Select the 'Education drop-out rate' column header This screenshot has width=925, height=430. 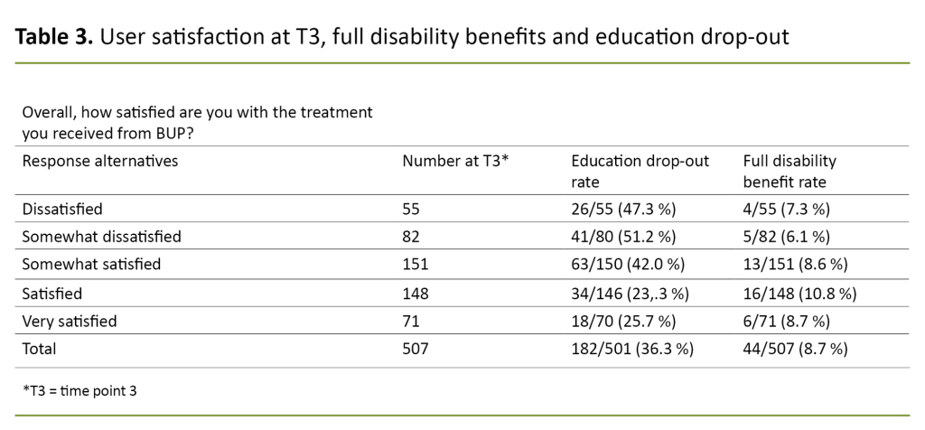pos(640,170)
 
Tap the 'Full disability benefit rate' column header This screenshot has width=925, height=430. pos(789,170)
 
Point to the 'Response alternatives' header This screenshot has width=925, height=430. pos(99,162)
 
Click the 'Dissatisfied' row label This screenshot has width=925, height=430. pos(62,209)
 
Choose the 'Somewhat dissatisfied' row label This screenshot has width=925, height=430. pos(101,237)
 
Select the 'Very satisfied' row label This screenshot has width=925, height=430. pos(70,320)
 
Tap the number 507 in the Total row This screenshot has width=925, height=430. pos(416,348)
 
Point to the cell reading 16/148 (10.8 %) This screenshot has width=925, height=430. pos(799,293)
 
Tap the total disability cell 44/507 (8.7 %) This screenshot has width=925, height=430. pos(795,348)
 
